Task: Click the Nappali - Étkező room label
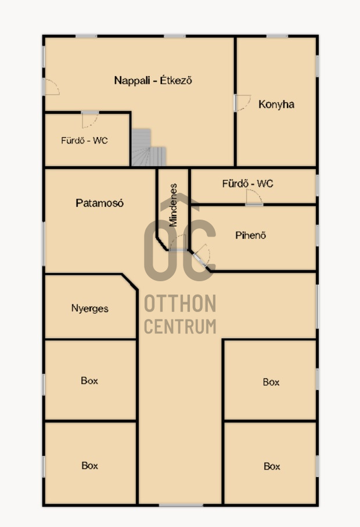[x=153, y=80]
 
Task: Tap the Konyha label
[x=276, y=104]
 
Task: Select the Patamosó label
[x=99, y=203]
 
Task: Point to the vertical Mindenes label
[x=173, y=205]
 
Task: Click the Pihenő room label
[x=250, y=235]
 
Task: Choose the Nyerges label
[x=89, y=309]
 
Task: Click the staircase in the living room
[x=149, y=148]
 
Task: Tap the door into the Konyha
[x=242, y=103]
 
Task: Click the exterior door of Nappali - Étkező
[x=51, y=87]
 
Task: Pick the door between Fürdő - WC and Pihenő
[x=254, y=197]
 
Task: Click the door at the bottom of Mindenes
[x=178, y=243]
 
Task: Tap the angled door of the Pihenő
[x=201, y=256]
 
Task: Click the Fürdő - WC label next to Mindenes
[x=247, y=184]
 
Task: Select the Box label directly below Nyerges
[x=89, y=381]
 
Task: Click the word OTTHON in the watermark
[x=180, y=304]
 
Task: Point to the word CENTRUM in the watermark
[x=180, y=327]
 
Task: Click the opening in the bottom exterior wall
[x=181, y=505]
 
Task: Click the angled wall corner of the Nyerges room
[x=129, y=282]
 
